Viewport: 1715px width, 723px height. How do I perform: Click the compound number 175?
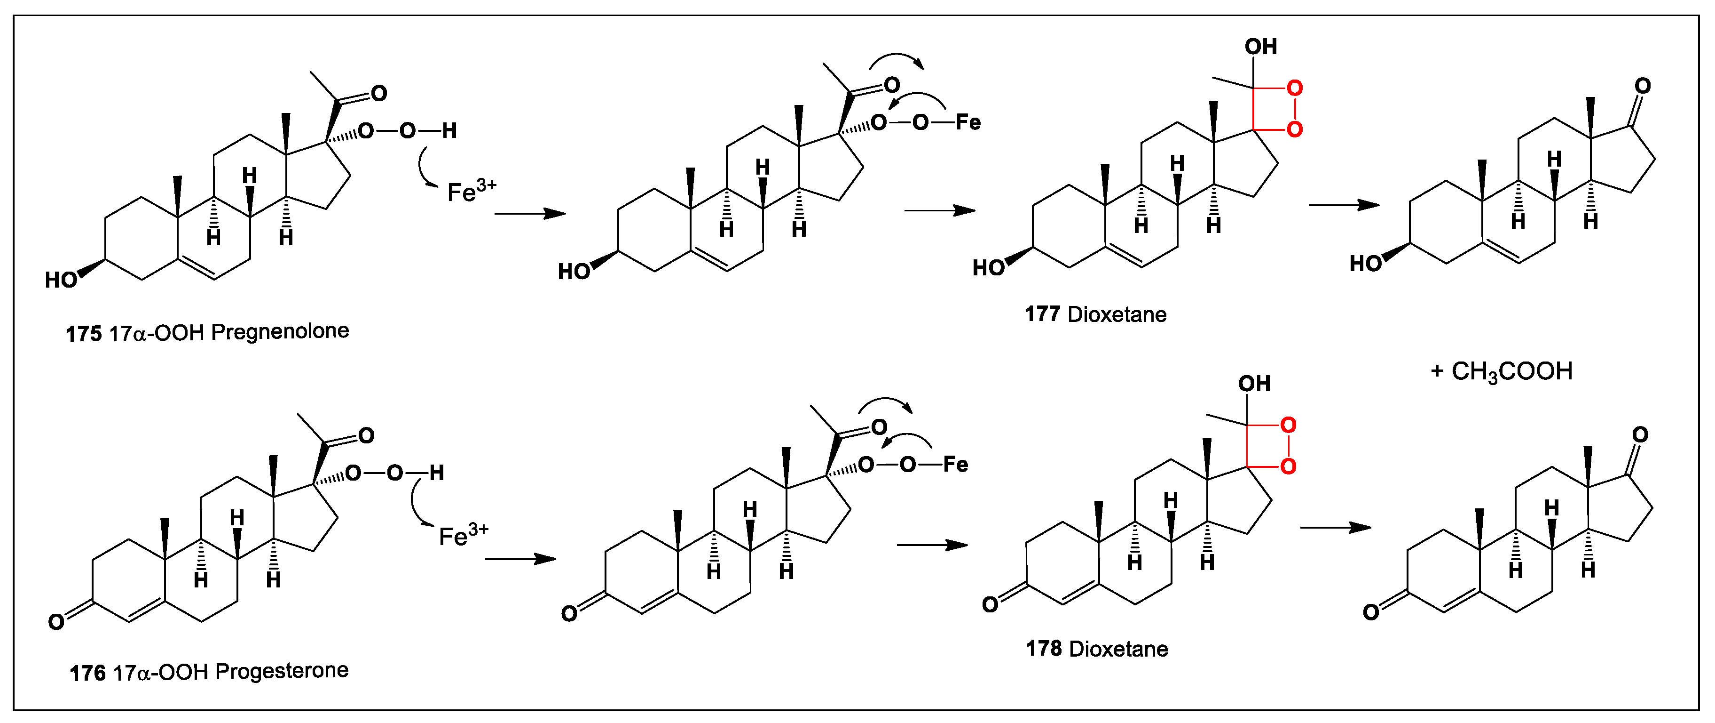pos(83,334)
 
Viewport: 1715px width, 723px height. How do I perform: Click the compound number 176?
pos(87,673)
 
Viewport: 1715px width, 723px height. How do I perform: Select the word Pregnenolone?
pos(280,332)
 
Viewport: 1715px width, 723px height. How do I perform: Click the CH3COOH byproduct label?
pos(1511,372)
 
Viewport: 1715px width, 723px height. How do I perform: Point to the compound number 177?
pos(1042,314)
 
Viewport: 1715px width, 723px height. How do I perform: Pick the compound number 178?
pos(1043,648)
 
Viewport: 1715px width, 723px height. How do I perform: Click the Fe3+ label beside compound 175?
pos(471,191)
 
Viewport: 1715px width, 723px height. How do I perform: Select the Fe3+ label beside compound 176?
pos(463,534)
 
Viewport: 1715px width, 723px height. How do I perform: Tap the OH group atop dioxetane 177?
pos(1260,47)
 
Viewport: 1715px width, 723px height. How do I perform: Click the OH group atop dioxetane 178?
pos(1254,384)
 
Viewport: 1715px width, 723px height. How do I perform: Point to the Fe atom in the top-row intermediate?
pos(968,122)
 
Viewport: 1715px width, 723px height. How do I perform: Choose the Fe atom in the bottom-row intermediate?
pos(955,465)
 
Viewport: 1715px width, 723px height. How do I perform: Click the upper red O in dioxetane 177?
pos(1294,88)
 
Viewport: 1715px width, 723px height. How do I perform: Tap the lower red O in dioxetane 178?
pos(1288,466)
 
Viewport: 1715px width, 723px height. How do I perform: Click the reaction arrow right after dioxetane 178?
pos(1336,528)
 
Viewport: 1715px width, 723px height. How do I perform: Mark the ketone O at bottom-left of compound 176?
pos(56,622)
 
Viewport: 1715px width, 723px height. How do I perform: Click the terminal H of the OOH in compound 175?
pos(449,130)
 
